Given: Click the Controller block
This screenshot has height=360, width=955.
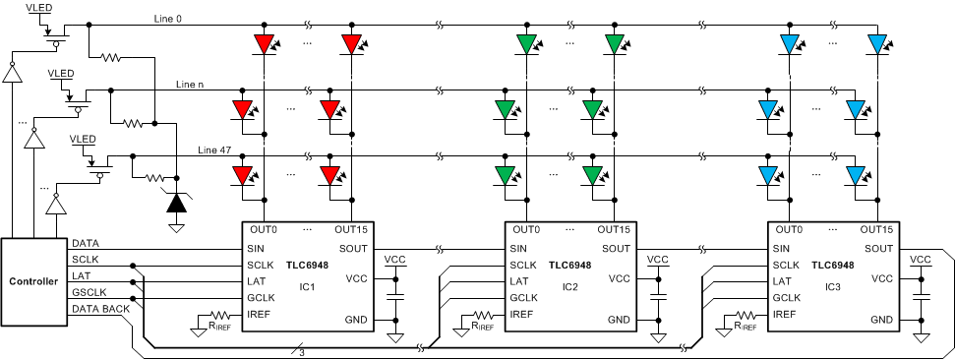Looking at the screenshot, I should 33,281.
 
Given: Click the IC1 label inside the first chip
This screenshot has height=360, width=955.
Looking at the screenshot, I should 306,286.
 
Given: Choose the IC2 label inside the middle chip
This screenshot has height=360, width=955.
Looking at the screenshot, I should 567,286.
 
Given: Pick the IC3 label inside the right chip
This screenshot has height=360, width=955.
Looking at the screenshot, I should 831,286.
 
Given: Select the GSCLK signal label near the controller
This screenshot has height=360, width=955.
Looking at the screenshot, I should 89,292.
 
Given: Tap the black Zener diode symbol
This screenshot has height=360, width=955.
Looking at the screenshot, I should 176,204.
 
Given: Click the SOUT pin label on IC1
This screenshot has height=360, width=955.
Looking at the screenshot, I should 354,248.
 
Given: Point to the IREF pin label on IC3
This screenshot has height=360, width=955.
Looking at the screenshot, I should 785,314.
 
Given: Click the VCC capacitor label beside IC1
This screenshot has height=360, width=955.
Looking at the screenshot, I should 395,260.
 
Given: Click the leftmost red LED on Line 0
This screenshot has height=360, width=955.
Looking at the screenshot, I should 264,43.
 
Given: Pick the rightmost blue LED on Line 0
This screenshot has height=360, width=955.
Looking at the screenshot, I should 877,43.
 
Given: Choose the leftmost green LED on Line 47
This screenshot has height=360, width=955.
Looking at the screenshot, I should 506,174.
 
